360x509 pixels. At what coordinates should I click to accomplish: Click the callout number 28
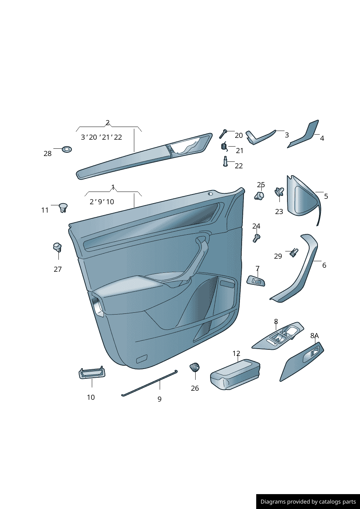pyautogui.click(x=48, y=154)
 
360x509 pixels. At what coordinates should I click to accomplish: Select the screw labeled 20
pyautogui.click(x=223, y=134)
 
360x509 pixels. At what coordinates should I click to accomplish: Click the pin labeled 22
pyautogui.click(x=225, y=161)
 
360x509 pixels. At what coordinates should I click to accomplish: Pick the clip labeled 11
pyautogui.click(x=63, y=208)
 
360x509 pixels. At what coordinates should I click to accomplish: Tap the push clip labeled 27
pyautogui.click(x=58, y=247)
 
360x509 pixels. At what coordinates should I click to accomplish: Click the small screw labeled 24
pyautogui.click(x=257, y=238)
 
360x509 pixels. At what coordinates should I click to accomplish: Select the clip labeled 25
pyautogui.click(x=259, y=196)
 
